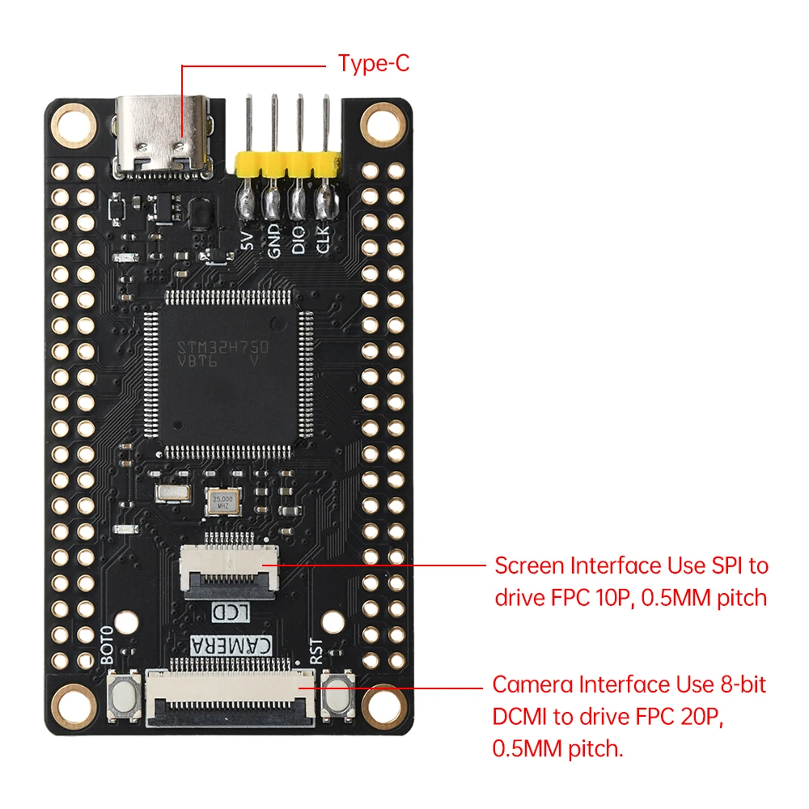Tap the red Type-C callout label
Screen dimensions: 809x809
click(x=374, y=64)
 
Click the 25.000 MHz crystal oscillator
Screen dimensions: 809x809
click(x=222, y=502)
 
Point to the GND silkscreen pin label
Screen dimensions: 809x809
click(x=274, y=241)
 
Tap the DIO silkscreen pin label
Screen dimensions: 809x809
click(x=299, y=241)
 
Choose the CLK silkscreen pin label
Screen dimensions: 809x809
click(x=323, y=241)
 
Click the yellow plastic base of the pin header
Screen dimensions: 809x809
click(x=286, y=165)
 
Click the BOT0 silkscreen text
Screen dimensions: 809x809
click(x=109, y=646)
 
